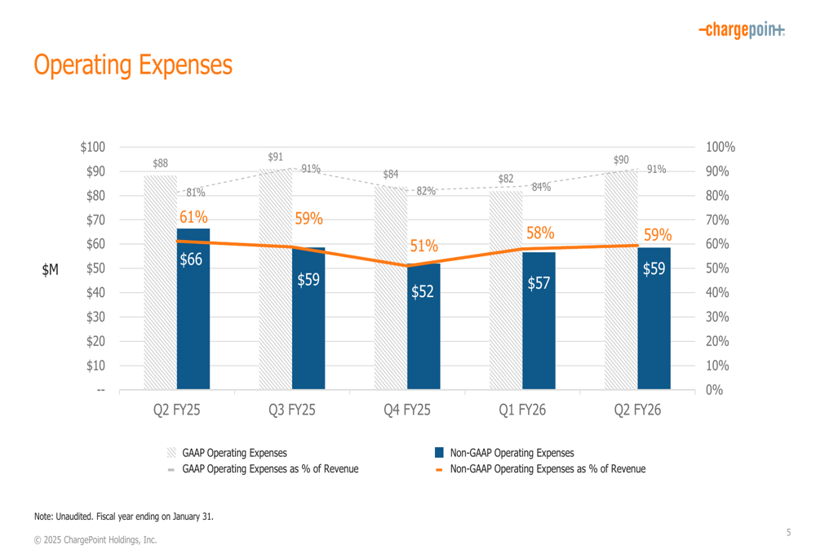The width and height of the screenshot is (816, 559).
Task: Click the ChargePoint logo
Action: (742, 30)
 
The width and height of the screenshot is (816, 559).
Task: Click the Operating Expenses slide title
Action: (133, 64)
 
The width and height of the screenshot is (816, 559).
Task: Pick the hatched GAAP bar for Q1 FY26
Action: (506, 294)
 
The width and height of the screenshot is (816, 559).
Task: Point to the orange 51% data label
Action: (424, 246)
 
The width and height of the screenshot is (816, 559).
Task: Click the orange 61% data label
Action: (194, 217)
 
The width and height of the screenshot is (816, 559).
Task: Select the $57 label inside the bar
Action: (539, 284)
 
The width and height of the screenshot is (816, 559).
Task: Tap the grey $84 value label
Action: (391, 175)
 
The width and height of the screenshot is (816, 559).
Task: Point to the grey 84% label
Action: (540, 187)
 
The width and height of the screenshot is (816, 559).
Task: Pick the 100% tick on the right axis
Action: (721, 148)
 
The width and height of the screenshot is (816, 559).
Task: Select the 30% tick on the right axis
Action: (718, 317)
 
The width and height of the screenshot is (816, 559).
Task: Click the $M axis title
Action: (51, 270)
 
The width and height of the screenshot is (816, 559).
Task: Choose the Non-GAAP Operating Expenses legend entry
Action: (512, 453)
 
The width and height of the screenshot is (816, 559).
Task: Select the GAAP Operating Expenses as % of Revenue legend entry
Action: (269, 468)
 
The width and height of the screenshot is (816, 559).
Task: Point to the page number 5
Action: (788, 533)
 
